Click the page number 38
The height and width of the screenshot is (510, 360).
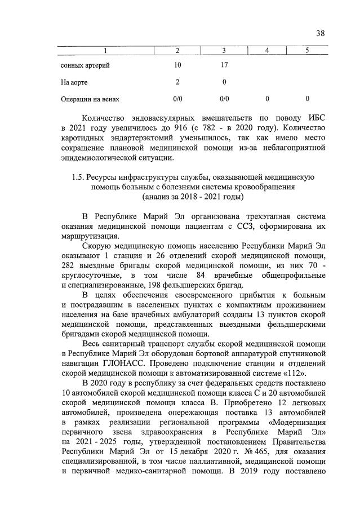(x=320, y=33)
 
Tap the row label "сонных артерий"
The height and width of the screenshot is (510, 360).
(x=85, y=65)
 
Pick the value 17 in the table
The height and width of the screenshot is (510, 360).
(x=224, y=65)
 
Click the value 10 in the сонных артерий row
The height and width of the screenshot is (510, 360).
(x=177, y=65)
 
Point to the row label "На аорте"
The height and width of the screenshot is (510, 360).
(x=74, y=82)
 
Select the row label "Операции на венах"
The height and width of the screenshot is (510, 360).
(x=90, y=99)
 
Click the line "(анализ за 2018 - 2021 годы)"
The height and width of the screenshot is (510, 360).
(x=193, y=197)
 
